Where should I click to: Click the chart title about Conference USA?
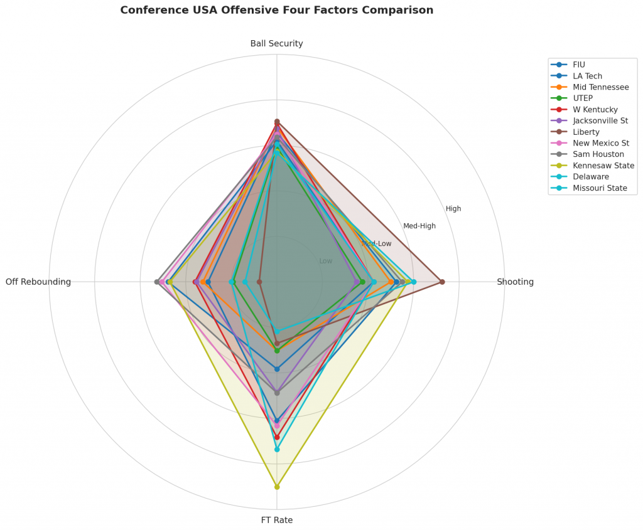pos(276,10)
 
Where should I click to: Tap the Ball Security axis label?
pos(276,43)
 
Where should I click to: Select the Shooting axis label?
pos(515,282)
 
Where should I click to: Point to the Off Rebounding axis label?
pos(38,282)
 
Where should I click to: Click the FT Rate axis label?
pos(276,520)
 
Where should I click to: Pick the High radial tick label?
pos(453,209)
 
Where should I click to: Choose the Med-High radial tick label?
pos(419,226)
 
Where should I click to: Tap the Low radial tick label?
pos(326,261)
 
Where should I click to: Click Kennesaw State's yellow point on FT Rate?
pos(277,487)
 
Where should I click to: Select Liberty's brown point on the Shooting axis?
pos(442,282)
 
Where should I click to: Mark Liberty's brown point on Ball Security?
pos(277,121)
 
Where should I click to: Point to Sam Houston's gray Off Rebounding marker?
pos(157,282)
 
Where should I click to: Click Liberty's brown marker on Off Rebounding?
pos(259,282)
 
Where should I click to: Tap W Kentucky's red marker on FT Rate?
pos(277,437)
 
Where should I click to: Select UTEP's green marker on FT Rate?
pos(277,351)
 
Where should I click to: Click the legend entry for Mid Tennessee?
pos(600,87)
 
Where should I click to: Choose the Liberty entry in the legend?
pos(586,132)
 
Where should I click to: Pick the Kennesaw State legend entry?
pos(603,166)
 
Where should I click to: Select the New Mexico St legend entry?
pos(600,143)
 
